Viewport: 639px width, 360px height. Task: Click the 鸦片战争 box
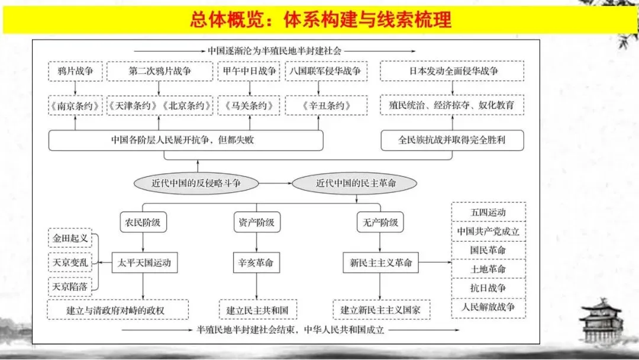point(75,71)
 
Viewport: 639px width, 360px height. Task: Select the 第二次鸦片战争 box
point(160,71)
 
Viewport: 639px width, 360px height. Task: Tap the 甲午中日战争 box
point(249,71)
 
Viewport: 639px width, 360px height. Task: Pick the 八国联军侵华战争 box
point(325,71)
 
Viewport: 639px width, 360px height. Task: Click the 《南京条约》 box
point(75,106)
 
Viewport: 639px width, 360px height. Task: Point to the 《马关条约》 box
point(249,106)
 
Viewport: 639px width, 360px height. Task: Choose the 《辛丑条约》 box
point(318,106)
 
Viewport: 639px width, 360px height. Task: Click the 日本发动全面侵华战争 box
point(453,71)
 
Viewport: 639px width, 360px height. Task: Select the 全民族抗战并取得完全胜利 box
point(453,140)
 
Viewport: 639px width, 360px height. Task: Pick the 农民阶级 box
point(143,223)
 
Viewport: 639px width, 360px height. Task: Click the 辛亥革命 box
point(256,263)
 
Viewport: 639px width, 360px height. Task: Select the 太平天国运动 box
point(144,263)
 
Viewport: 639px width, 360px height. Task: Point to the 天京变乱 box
point(70,262)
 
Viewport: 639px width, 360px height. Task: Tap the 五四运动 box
point(488,212)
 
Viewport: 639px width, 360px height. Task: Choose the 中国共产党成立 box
point(488,231)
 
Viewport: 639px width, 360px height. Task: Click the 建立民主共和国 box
point(256,310)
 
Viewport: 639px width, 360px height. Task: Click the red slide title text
point(320,20)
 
